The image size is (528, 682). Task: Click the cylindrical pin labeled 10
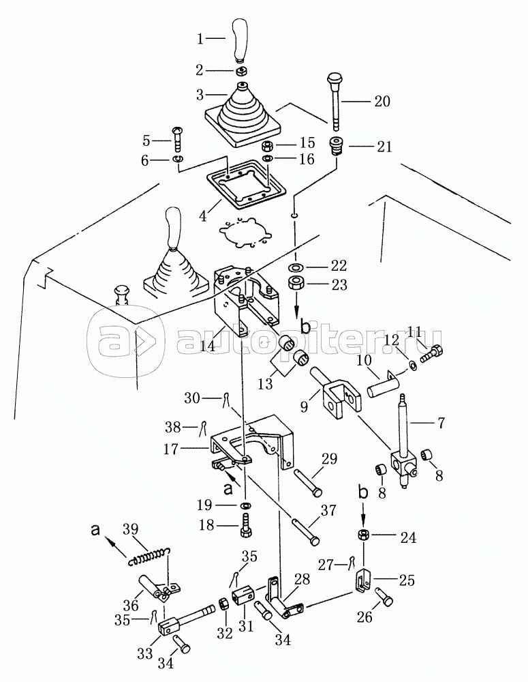coord(386,382)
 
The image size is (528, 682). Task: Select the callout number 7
coord(440,422)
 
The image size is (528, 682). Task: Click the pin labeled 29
coord(308,482)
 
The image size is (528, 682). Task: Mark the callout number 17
coord(171,449)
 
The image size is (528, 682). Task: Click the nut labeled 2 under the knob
coord(243,70)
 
